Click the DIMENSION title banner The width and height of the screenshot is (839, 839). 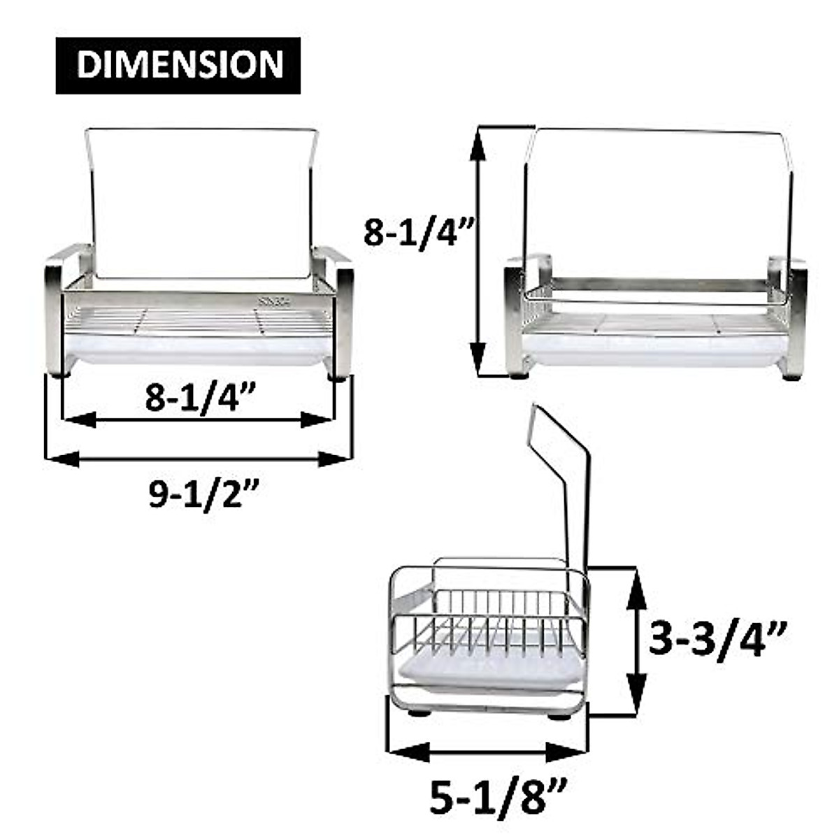178,65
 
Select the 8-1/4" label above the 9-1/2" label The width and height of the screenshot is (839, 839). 199,397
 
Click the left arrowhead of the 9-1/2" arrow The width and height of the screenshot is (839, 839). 61,459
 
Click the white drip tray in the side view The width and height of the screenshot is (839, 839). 489,671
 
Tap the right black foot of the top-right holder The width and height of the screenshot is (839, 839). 791,376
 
